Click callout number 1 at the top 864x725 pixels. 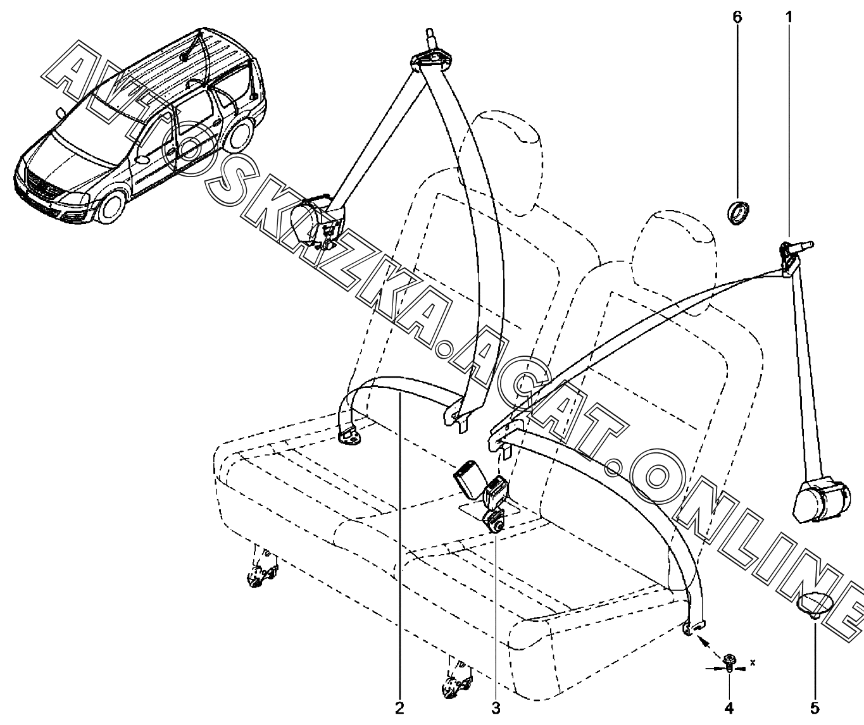point(788,17)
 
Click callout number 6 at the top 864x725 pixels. point(737,17)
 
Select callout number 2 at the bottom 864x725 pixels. point(399,709)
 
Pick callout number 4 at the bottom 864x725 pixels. point(729,709)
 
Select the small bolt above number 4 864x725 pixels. point(729,661)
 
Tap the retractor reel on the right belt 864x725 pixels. point(818,500)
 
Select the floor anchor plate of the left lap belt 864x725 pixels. point(350,436)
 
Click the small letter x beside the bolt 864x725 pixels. point(753,662)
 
